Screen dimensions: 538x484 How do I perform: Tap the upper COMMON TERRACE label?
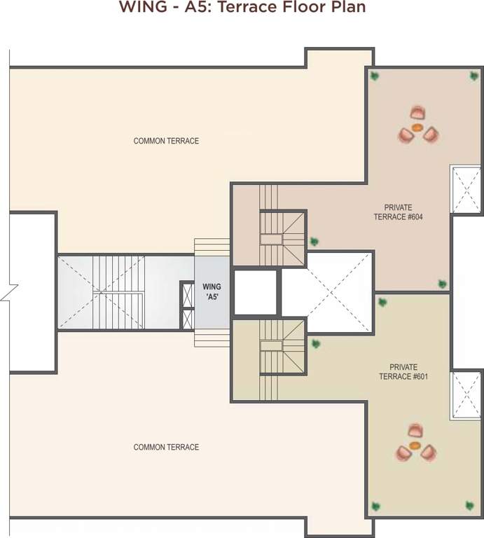[166, 141]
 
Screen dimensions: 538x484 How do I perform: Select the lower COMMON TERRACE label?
[166, 447]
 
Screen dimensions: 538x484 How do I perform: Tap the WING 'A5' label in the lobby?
[212, 291]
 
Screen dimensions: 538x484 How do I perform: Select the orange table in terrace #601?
[415, 445]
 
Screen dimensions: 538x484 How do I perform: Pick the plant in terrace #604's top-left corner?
[375, 74]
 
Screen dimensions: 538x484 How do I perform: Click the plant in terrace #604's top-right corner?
[473, 75]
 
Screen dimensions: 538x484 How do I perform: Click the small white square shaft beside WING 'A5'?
[255, 292]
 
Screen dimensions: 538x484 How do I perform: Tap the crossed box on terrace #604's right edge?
[465, 189]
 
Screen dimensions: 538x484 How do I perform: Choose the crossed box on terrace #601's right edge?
[465, 395]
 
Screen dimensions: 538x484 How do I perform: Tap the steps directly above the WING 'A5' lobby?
[212, 247]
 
